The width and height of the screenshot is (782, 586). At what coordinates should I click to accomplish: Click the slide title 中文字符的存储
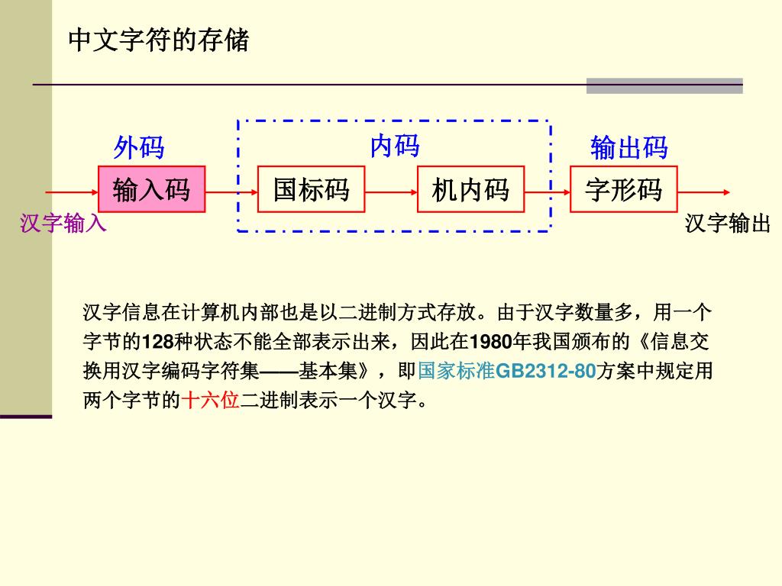point(159,40)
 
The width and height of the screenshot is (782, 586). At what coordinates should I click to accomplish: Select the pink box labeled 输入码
point(152,189)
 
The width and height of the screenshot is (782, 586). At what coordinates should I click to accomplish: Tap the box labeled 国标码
point(310,189)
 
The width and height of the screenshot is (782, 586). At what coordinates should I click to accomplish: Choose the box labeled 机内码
point(470,189)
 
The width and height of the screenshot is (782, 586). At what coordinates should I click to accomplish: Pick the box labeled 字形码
point(624,189)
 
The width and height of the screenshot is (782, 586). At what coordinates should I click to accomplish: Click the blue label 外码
point(139,147)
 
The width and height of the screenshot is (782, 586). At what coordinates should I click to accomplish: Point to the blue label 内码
point(394,145)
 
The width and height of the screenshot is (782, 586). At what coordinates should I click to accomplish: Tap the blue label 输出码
point(629,147)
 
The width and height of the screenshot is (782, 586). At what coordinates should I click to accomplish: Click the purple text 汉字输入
point(63,224)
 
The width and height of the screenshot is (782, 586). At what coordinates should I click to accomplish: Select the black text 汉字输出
point(728,224)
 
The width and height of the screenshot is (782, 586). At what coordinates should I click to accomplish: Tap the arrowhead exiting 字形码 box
point(725,192)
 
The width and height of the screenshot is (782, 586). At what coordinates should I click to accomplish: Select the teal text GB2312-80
point(545,372)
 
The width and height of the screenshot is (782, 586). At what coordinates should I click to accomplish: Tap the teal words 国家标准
point(456,372)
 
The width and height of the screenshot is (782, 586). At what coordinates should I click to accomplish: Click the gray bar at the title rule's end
point(664,85)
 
